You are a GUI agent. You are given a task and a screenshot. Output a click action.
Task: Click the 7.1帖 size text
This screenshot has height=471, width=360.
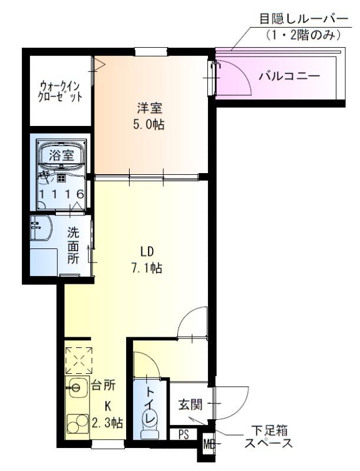coord(147,268)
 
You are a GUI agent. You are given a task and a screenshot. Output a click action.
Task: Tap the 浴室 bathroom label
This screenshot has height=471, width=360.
coord(61,156)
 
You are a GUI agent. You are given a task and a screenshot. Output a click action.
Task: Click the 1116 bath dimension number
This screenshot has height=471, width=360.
coord(61,194)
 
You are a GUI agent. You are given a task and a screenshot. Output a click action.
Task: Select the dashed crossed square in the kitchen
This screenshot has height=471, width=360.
coord(78,360)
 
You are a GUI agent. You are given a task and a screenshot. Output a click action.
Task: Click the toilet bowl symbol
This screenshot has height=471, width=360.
coord(149,423)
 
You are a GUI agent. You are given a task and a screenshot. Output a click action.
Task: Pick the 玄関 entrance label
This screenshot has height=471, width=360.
coord(190,405)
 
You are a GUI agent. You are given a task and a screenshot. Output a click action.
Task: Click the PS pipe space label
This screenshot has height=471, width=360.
coord(184,436)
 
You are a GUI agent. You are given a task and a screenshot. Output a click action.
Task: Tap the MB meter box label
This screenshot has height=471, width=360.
coord(209,443)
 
